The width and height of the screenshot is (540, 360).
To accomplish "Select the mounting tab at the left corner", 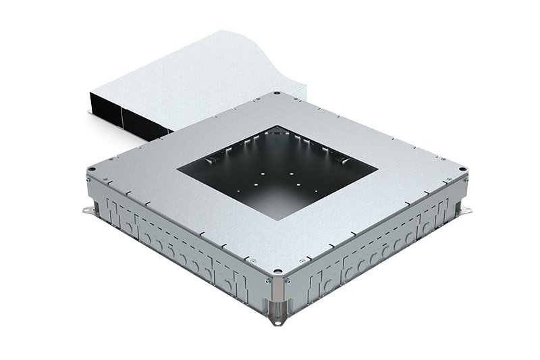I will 85,213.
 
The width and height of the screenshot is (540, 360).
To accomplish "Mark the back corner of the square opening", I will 277,126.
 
